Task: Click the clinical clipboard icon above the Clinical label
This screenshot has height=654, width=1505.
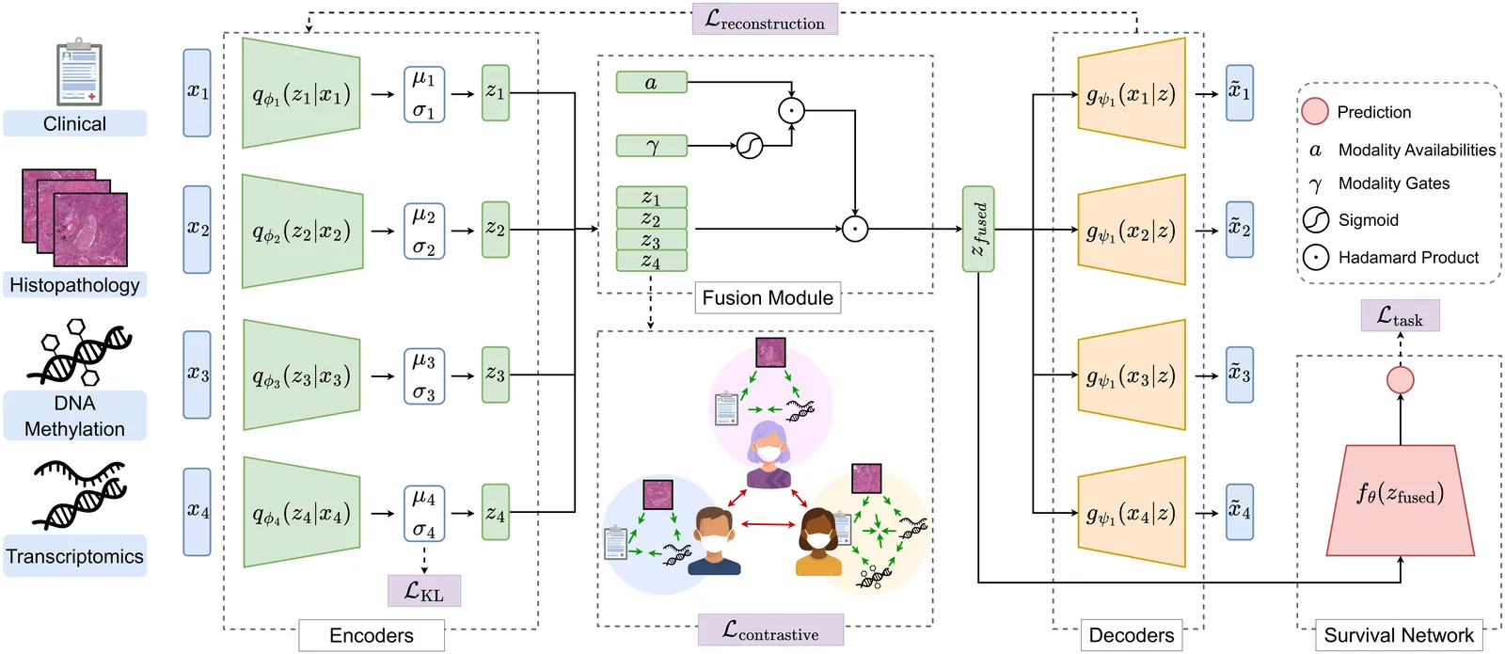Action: [x=79, y=72]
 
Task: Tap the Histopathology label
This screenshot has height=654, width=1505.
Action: [x=74, y=285]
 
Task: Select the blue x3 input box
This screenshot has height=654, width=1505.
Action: [x=198, y=375]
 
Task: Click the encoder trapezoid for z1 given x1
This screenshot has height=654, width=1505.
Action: [x=301, y=93]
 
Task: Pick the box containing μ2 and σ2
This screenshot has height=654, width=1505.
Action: [x=424, y=231]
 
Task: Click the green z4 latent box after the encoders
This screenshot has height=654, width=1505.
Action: [x=496, y=512]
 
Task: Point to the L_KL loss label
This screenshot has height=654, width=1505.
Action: [x=424, y=591]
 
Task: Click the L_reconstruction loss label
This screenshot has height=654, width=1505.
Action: [x=765, y=19]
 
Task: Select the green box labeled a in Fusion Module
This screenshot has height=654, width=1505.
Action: [x=652, y=83]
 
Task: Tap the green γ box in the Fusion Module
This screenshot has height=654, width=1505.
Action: [x=652, y=146]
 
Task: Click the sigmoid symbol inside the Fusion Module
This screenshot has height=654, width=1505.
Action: [x=750, y=146]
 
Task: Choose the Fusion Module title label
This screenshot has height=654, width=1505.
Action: [x=768, y=298]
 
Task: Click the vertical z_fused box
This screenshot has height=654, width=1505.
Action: [x=978, y=230]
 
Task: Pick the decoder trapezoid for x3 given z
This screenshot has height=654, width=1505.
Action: [x=1131, y=375]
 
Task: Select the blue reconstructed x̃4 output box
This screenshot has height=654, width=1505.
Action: [x=1240, y=512]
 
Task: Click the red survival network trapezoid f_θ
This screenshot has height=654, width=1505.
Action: [x=1400, y=499]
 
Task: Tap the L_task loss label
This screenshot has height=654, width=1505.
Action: [x=1400, y=316]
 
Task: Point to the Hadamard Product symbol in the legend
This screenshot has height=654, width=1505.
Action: [x=1316, y=257]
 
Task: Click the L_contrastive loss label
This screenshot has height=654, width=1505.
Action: [x=770, y=630]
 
